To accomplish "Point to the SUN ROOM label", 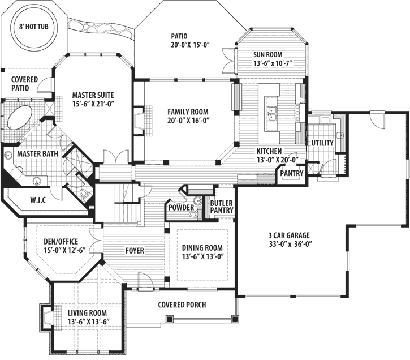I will pyautogui.click(x=271, y=54).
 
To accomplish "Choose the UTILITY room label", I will pyautogui.click(x=322, y=143).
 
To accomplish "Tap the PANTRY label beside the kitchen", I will pyautogui.click(x=292, y=173).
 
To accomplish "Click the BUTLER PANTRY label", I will pyautogui.click(x=221, y=207).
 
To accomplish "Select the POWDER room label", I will pyautogui.click(x=181, y=208).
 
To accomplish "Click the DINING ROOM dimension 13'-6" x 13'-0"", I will pyautogui.click(x=202, y=256).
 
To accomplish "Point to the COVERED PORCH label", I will pyautogui.click(x=182, y=305).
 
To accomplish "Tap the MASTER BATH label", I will pyautogui.click(x=38, y=154).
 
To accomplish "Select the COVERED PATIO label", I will pyautogui.click(x=25, y=84).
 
